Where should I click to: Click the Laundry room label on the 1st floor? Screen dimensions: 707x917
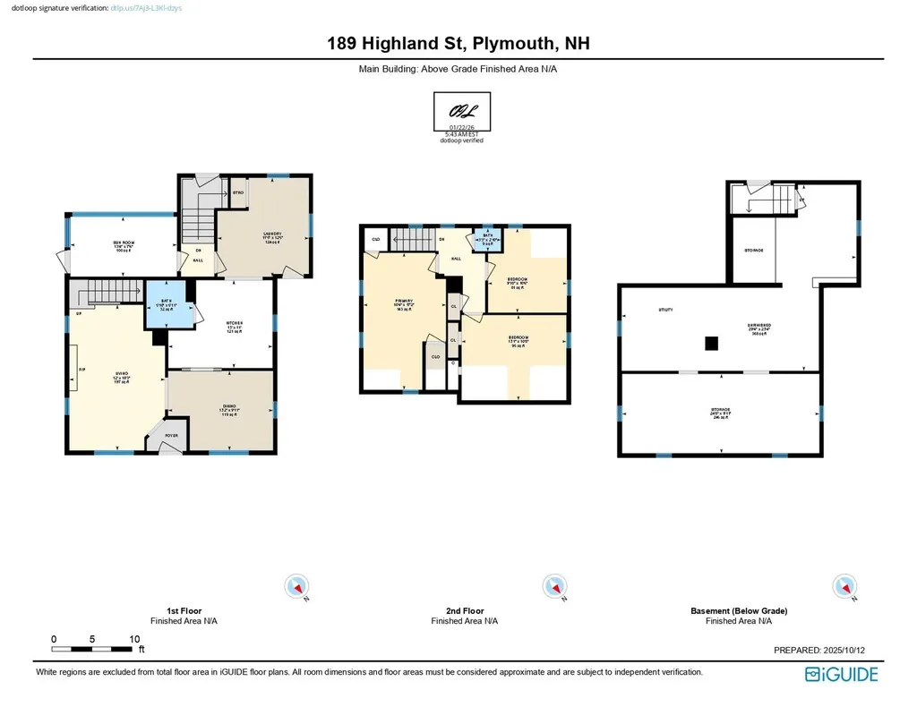tap(273, 234)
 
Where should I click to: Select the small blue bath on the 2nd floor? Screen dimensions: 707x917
tap(488, 239)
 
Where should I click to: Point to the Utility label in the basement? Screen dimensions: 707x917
tap(665, 311)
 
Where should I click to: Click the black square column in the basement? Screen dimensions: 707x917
tap(711, 343)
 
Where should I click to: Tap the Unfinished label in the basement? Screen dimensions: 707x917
tap(760, 326)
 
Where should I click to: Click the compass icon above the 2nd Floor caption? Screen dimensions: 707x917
tap(555, 587)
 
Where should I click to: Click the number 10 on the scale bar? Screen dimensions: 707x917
tap(134, 639)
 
